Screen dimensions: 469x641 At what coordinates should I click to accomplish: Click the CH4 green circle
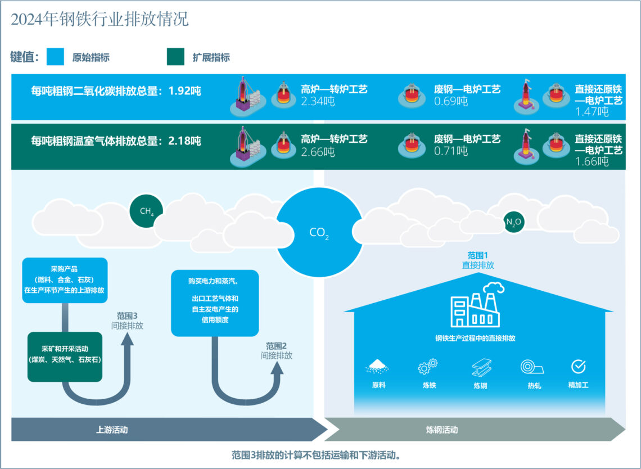pyautogui.click(x=146, y=211)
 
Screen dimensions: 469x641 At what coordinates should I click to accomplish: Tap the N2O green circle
pyautogui.click(x=514, y=222)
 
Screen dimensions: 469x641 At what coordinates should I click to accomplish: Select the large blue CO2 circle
pyautogui.click(x=319, y=232)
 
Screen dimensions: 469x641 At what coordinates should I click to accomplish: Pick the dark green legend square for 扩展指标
pyautogui.click(x=175, y=57)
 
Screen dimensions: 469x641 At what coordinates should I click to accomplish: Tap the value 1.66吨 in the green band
pyautogui.click(x=592, y=162)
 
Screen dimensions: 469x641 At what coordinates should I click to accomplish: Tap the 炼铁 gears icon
pyautogui.click(x=428, y=367)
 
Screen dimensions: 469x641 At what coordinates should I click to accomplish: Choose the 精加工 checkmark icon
pyautogui.click(x=578, y=367)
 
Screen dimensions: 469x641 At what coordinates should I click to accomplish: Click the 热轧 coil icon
pyautogui.click(x=531, y=367)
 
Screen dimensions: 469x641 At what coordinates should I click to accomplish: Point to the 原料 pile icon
pyautogui.click(x=378, y=367)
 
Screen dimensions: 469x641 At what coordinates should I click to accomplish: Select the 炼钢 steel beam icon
pyautogui.click(x=481, y=367)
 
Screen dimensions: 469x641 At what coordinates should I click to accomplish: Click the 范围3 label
pyautogui.click(x=127, y=315)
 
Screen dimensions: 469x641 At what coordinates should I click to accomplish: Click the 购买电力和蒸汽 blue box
pyautogui.click(x=214, y=303)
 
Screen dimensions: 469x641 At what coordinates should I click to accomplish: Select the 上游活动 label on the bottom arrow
pyautogui.click(x=112, y=430)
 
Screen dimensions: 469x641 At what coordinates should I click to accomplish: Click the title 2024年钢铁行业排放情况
pyautogui.click(x=100, y=20)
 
